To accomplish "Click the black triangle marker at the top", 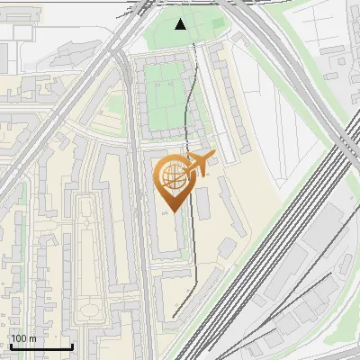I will coord(181,24).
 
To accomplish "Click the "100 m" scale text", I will coord(23,338).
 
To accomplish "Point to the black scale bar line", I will coord(40,347).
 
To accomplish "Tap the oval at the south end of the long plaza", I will coord(90,311).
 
